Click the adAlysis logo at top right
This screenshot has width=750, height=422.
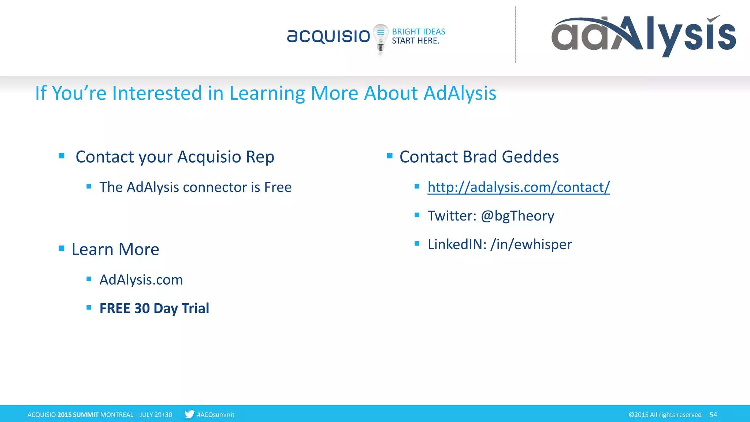coord(643,36)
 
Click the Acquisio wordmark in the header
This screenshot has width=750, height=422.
coord(328,36)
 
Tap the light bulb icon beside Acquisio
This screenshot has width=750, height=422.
coord(380,38)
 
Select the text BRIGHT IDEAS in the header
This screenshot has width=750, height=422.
coord(419,32)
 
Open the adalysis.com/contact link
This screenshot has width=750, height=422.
coord(519,187)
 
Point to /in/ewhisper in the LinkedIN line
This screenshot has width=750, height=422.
coord(531,244)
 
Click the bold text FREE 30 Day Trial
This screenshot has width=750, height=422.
coord(154,308)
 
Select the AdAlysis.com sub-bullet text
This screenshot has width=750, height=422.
coord(141,280)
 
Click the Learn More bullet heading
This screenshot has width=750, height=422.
coord(115,249)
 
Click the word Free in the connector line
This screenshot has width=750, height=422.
coord(278,187)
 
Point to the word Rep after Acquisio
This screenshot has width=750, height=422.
coord(260,157)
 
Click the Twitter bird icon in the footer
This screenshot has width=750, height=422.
coord(189,414)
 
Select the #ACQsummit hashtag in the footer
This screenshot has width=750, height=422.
coord(215,415)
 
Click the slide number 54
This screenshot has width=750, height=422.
coord(713,415)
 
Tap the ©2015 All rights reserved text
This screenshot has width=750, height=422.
coord(665,415)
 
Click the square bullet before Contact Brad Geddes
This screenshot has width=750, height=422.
coord(390,156)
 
